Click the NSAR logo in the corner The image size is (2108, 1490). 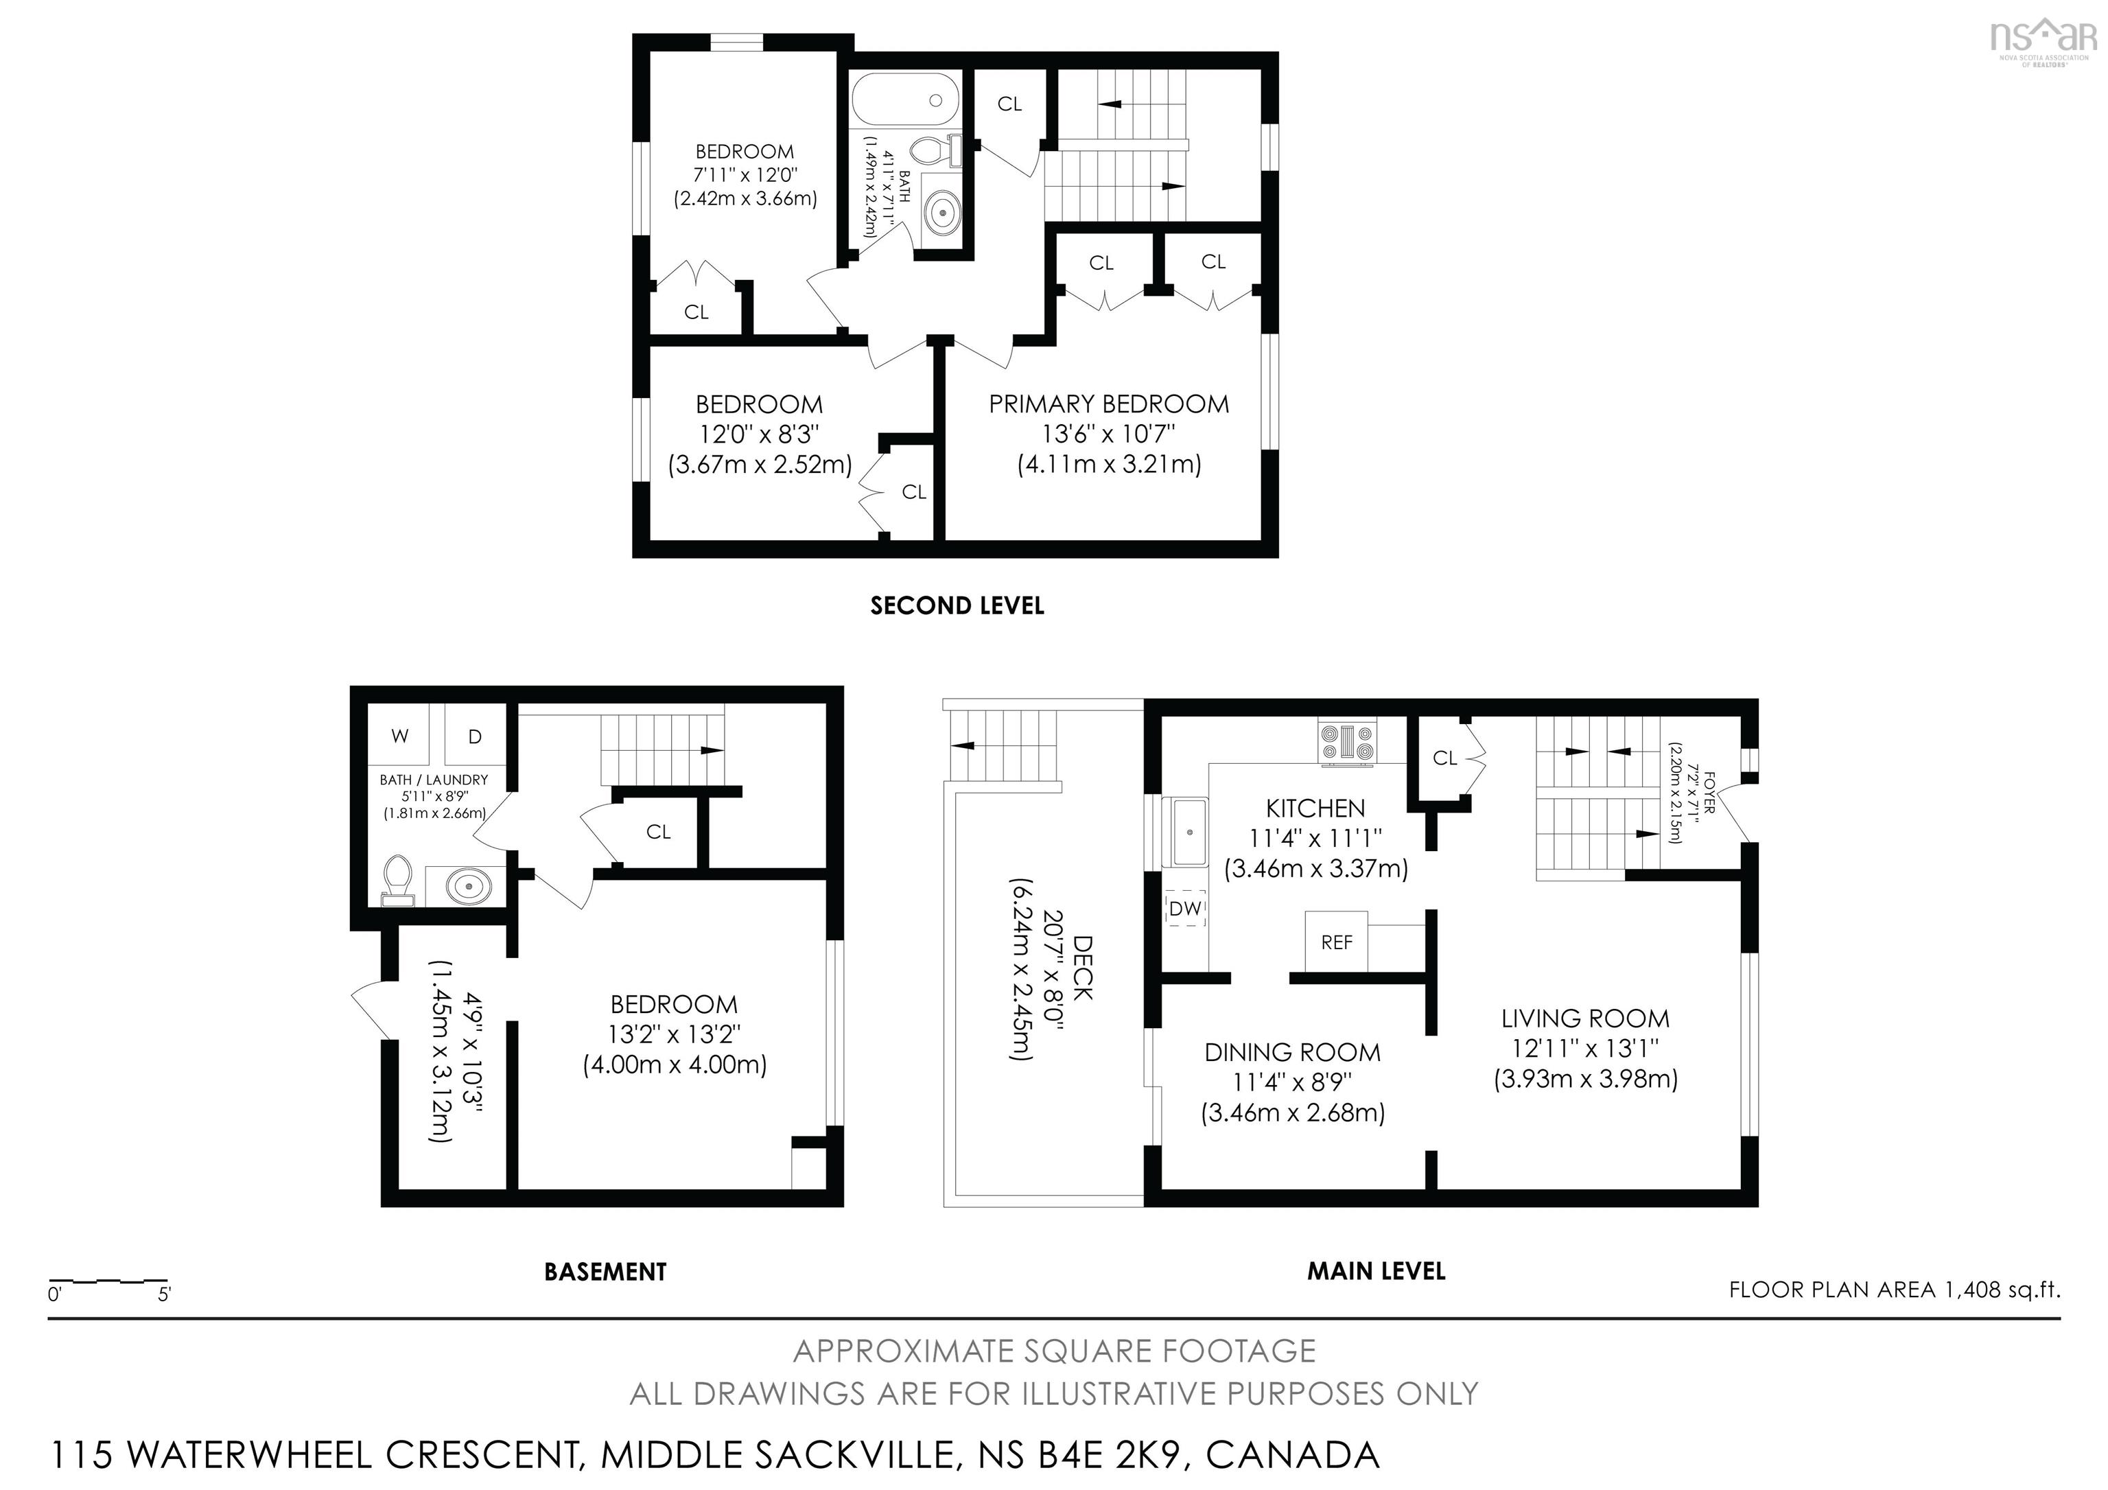coord(2043,40)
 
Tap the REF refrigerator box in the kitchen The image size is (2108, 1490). coord(1336,942)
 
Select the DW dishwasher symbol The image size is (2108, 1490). coord(1185,908)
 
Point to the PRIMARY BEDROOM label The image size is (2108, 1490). coord(1108,404)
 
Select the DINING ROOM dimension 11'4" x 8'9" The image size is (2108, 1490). coord(1292,1083)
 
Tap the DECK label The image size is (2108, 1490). coord(1084,968)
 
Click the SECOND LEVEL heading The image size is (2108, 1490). coord(957,606)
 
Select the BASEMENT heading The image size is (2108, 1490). coord(605,1272)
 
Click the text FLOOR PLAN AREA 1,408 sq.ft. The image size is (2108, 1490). coord(1894,1290)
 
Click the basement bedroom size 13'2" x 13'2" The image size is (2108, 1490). coord(674,1035)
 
